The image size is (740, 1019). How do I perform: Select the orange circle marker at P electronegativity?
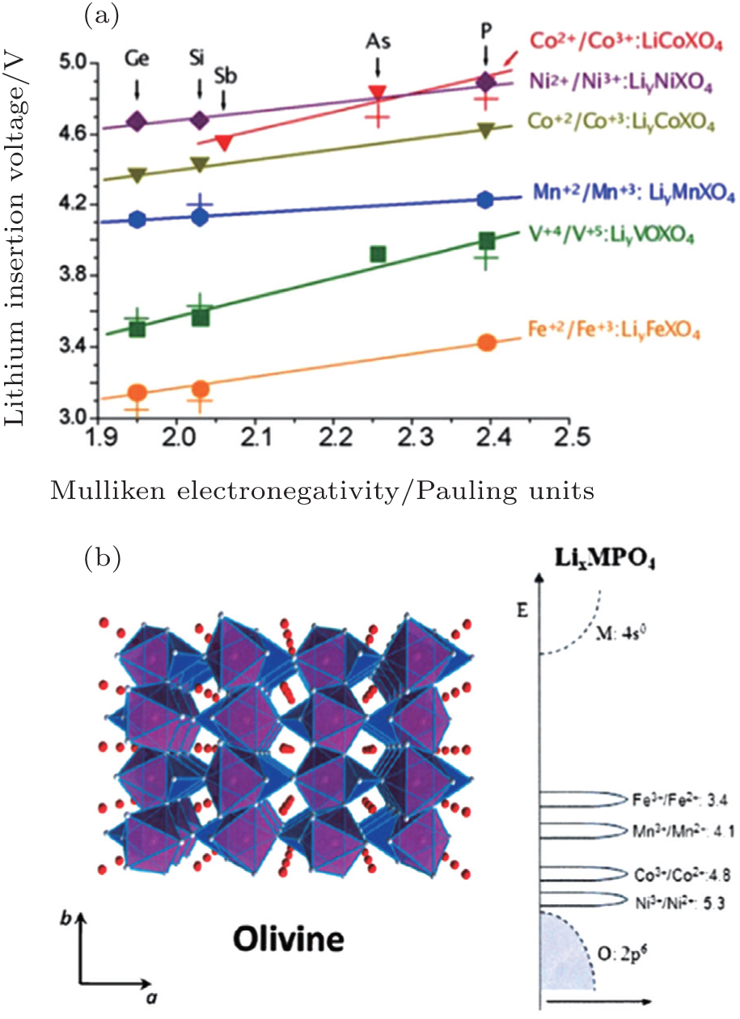point(486,342)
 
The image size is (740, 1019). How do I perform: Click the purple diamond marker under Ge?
point(137,122)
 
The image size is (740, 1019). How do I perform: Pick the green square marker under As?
point(377,254)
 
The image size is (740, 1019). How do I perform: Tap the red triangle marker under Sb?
point(225,143)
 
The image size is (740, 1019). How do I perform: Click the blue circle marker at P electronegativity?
point(485,200)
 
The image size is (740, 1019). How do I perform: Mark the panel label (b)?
point(103,557)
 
